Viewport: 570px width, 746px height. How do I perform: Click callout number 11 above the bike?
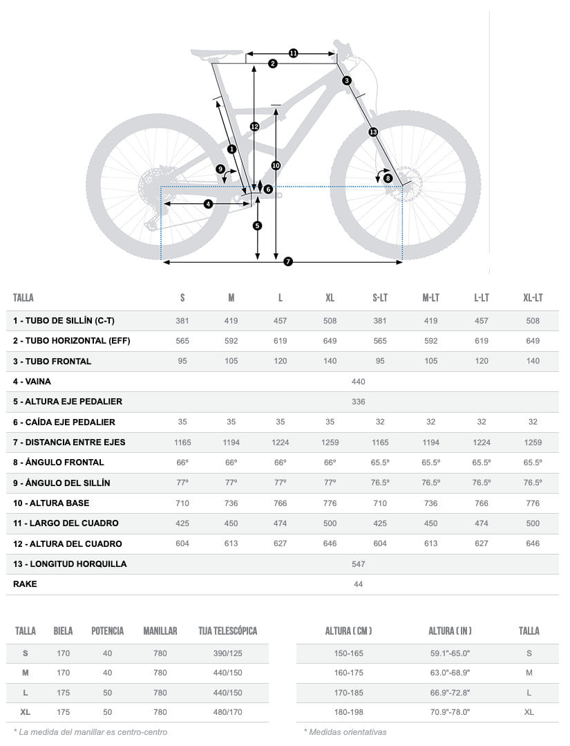[293, 53]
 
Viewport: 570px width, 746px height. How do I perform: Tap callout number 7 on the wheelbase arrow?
[288, 261]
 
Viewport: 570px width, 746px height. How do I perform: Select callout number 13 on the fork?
[373, 131]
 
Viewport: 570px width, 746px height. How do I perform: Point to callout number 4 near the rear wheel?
[208, 204]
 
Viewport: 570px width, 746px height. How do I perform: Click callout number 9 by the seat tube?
[220, 169]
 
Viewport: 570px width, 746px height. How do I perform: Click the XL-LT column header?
[533, 298]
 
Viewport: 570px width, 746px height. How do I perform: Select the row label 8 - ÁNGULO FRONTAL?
[59, 463]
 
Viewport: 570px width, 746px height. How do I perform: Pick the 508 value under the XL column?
[330, 321]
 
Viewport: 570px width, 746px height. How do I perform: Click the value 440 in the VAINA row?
[358, 382]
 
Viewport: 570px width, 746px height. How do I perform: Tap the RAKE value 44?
[358, 584]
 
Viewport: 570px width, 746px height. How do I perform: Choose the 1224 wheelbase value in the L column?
[280, 442]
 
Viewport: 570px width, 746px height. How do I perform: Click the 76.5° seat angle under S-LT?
[380, 483]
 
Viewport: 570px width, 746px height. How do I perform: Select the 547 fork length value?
[358, 564]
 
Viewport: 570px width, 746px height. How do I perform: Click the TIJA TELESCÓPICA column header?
[227, 631]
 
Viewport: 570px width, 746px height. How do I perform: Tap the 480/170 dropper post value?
[227, 712]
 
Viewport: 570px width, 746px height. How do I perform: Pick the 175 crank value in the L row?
[63, 693]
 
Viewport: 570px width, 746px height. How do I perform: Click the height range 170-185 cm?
[348, 693]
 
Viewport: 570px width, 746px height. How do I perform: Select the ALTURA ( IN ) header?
[450, 631]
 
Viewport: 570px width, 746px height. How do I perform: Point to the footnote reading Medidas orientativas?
[345, 731]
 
